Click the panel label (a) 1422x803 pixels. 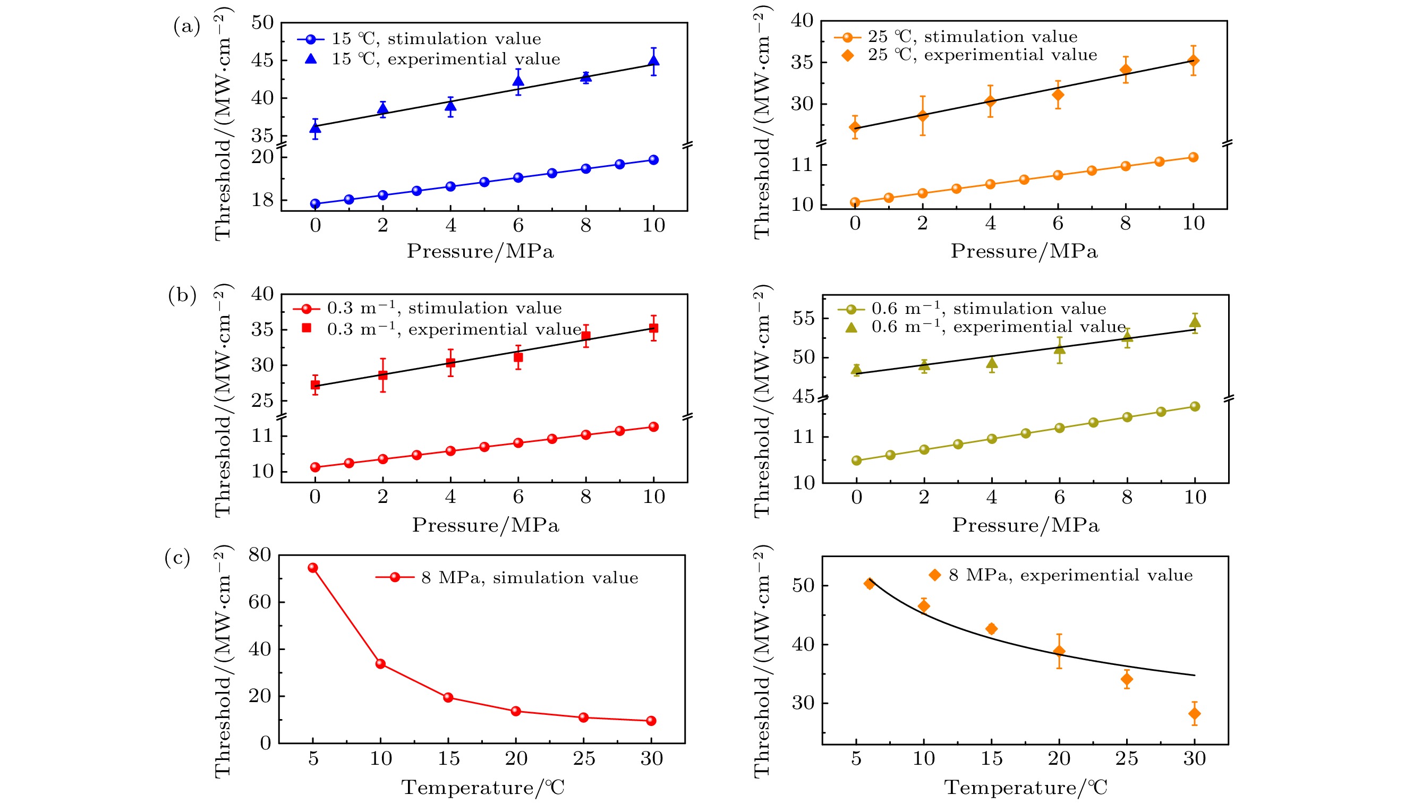[x=186, y=26]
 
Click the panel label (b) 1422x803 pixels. [x=182, y=295]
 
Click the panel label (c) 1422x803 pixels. [x=177, y=558]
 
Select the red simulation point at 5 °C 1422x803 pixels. [x=312, y=568]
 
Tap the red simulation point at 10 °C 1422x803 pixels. [x=380, y=663]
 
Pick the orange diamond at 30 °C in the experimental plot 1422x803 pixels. [x=1194, y=714]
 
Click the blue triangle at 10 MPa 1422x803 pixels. [x=653, y=61]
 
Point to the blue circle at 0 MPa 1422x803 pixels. [x=315, y=203]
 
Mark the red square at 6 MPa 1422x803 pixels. [x=518, y=357]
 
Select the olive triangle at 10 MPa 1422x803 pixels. [x=1195, y=322]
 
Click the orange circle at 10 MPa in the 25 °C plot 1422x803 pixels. [x=1193, y=157]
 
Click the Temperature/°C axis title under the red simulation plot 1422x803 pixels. [x=482, y=787]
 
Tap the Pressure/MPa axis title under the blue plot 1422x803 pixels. [x=480, y=251]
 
